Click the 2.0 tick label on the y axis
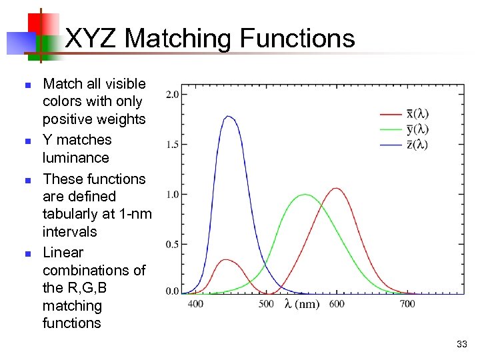coord(171,95)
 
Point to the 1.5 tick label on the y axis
coord(171,145)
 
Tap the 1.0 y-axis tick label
coord(171,195)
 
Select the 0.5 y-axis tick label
coord(171,245)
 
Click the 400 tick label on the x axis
coord(195,304)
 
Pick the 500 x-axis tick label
coord(266,304)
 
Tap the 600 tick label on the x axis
coord(337,304)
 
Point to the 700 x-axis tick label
coord(407,304)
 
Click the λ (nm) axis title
coord(301,305)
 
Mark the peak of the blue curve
coord(229,117)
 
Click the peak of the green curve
coord(305,195)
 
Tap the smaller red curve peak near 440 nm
coord(226,260)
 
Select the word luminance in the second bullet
coord(75,158)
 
